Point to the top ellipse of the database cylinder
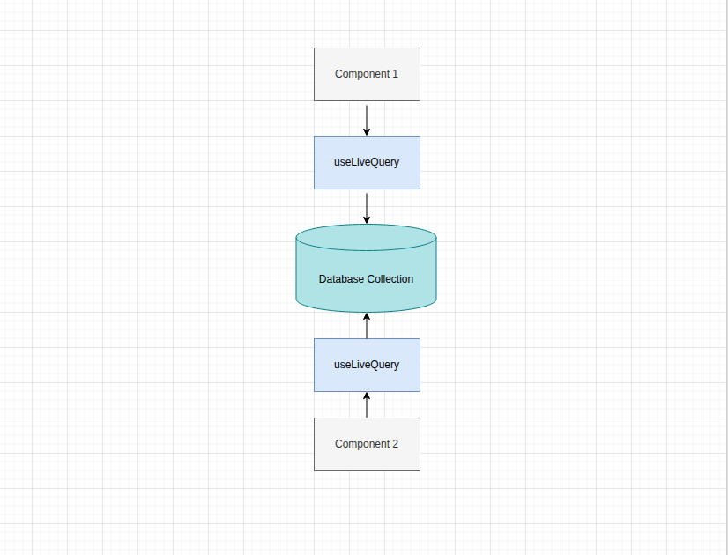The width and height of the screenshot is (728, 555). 367,237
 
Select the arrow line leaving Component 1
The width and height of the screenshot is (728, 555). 367,116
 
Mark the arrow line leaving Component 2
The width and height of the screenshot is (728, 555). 367,408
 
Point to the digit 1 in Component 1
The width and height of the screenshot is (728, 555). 395,74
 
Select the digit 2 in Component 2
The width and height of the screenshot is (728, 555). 395,444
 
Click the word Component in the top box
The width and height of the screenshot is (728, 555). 361,74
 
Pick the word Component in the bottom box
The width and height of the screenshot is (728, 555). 361,444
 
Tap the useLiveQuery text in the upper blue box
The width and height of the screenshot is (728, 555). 367,162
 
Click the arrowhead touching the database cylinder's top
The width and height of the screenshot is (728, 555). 367,219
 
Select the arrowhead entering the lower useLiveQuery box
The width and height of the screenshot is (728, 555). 367,396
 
